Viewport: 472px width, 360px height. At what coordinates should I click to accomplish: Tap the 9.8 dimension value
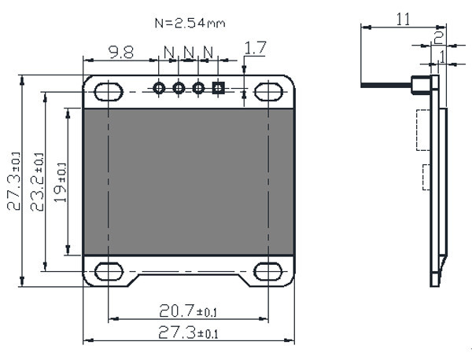(120, 52)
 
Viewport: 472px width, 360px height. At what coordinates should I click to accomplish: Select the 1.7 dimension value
(256, 48)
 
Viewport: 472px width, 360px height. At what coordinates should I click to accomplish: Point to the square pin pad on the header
(218, 88)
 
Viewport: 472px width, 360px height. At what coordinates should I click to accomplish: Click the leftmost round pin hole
(160, 88)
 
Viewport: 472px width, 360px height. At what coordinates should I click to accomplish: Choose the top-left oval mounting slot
(109, 91)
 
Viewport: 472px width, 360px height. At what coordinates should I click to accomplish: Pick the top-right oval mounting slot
(268, 91)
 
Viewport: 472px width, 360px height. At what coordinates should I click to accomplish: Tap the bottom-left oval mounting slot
(109, 272)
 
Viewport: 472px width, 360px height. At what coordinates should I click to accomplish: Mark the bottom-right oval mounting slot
(268, 272)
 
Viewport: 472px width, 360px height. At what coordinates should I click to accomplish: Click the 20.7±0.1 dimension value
(189, 310)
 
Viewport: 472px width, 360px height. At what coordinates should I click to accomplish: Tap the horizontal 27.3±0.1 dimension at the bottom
(189, 332)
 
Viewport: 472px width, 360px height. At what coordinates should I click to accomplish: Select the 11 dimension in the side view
(403, 20)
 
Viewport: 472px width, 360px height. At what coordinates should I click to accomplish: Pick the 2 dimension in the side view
(438, 35)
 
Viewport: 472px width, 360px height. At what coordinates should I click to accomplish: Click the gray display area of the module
(189, 182)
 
